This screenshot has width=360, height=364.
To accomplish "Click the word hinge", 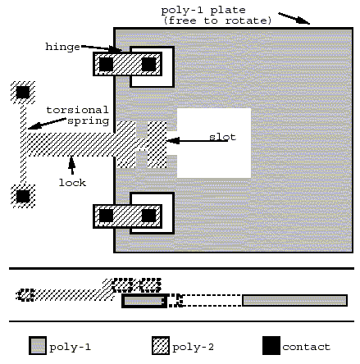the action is coord(62,47).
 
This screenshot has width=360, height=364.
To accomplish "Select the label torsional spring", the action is coord(78,116).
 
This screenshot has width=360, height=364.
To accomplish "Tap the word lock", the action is coord(72,183).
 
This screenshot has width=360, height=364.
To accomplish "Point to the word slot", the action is coord(222,137).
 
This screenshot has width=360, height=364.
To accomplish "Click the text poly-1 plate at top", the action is coord(203,11).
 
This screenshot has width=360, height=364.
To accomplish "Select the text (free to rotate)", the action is coord(217,20).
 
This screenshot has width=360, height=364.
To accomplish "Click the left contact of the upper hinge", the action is coord(106,64).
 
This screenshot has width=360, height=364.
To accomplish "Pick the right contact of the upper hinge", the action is coord(148,64).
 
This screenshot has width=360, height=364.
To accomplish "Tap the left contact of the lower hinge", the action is coord(106,216).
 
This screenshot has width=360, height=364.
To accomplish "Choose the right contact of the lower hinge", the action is coord(148,216).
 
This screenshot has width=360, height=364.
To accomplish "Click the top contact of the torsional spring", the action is coord(23,93).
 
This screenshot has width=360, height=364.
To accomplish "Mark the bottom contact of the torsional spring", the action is coord(23,196).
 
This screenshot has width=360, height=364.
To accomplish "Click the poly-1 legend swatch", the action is coord(38,346).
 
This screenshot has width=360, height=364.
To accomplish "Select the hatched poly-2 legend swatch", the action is coord(161,346).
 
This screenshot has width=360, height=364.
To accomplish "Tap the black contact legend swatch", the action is coord(271,346).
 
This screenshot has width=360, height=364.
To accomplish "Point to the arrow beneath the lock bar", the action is coord(72,165).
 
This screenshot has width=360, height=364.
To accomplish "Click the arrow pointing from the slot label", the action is coord(197,141).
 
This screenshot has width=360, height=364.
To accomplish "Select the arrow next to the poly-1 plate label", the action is coord(294,18).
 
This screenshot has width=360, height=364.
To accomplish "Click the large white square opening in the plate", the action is coord(214,143).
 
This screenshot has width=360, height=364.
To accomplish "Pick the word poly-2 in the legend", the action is coord(193,347).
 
